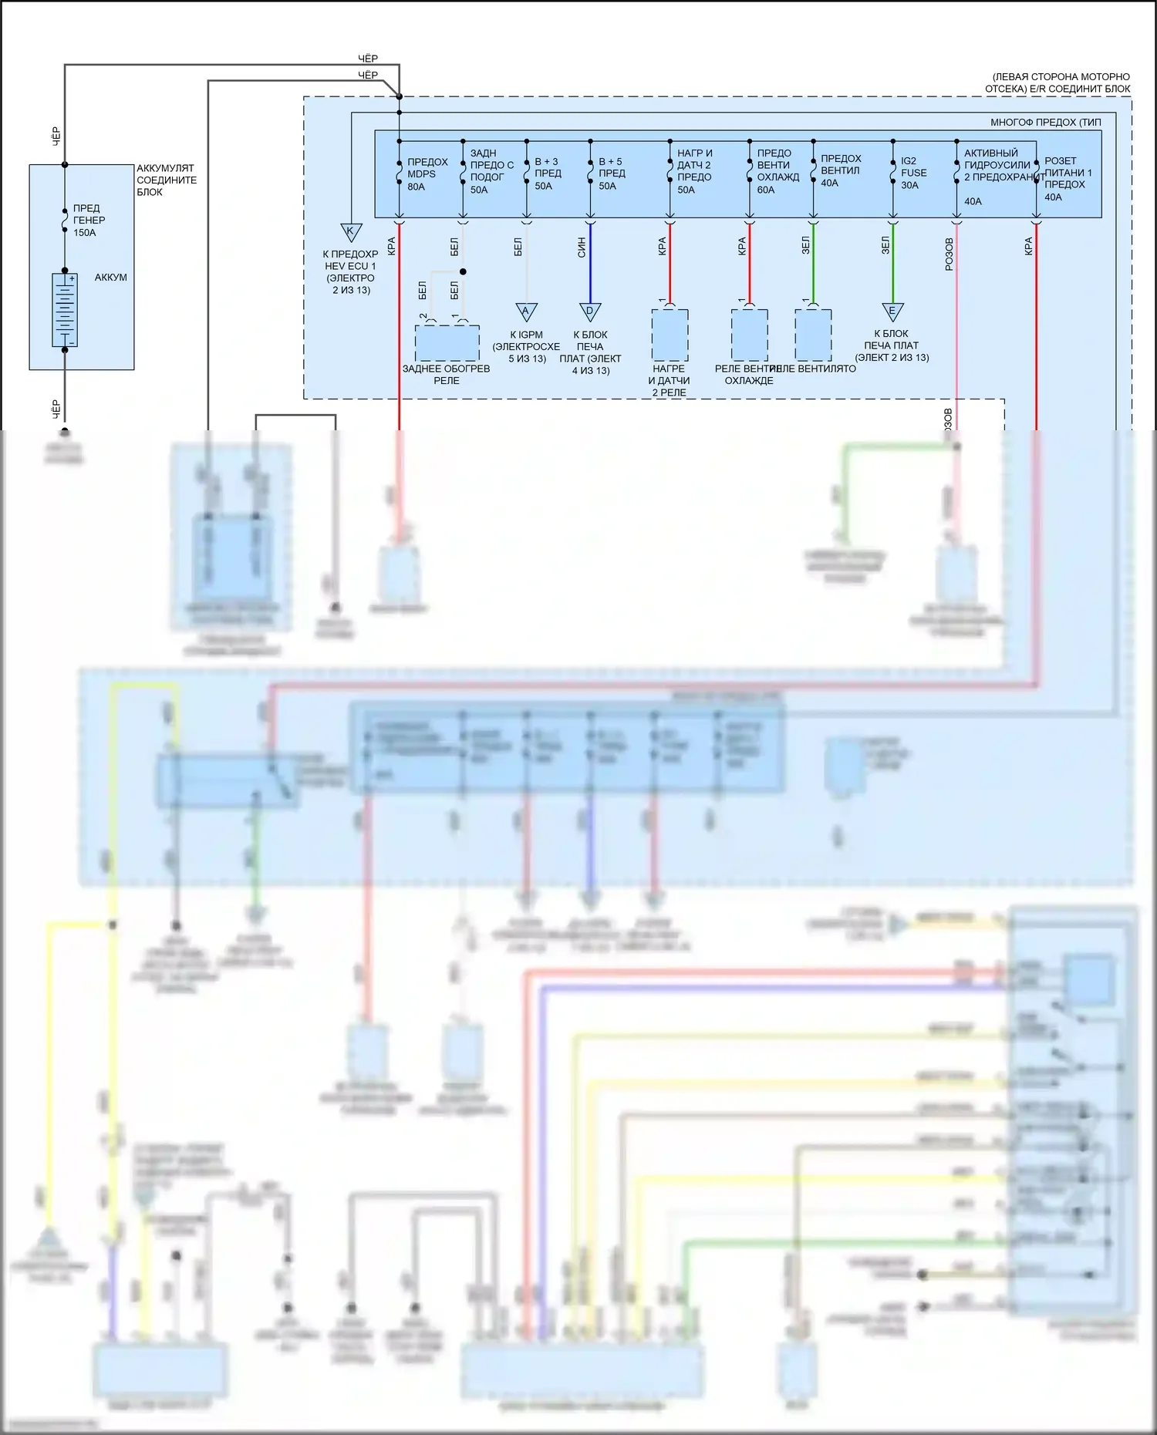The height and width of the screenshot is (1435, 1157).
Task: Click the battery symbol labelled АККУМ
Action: tap(65, 309)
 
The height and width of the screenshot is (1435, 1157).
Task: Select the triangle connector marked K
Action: tap(351, 231)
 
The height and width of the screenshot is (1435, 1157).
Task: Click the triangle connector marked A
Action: tap(526, 312)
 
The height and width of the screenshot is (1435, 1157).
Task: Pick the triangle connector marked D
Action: tap(590, 312)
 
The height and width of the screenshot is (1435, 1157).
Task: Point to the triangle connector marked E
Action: tap(892, 312)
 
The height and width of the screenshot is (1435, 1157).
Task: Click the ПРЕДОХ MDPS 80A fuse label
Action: tap(427, 174)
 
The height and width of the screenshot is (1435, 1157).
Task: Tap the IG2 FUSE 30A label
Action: tap(913, 173)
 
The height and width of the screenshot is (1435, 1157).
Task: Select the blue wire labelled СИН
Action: tap(590, 262)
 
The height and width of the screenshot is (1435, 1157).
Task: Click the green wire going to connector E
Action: tap(892, 262)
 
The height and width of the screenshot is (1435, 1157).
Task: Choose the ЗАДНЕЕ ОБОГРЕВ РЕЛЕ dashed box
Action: tap(447, 343)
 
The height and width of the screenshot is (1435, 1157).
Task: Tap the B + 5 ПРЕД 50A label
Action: tap(612, 174)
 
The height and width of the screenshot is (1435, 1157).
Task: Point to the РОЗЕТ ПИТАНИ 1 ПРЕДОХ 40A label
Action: tap(1068, 179)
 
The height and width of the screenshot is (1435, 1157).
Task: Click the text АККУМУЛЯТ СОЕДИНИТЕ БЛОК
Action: tap(167, 180)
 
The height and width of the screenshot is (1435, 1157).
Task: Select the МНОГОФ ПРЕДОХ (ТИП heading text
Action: tap(1045, 123)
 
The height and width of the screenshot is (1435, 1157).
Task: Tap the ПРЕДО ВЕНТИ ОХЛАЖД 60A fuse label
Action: tap(777, 171)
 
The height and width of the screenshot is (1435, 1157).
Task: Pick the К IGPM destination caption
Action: tap(526, 347)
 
